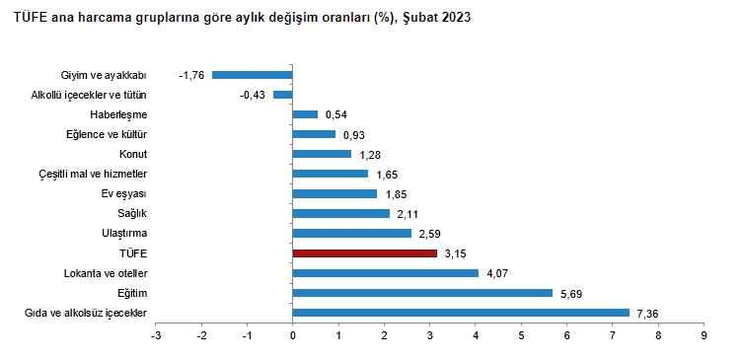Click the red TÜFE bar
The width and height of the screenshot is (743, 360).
coord(365,253)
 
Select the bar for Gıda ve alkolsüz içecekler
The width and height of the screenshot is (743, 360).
coord(461,313)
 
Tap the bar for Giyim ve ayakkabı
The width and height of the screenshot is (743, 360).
coord(253,75)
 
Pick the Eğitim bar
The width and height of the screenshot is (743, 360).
coord(422,293)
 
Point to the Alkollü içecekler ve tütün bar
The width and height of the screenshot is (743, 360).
coord(283,95)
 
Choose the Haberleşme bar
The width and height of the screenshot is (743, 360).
coord(305,114)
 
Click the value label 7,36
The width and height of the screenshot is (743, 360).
coord(648,314)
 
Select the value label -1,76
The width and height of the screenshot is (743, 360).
coord(191,76)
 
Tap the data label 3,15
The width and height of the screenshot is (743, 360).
coord(456,254)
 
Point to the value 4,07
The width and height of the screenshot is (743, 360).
coord(497,274)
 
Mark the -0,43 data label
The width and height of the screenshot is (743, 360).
coord(253,96)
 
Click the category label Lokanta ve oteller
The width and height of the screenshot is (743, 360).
coord(106,273)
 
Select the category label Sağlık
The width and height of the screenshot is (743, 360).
coord(132,214)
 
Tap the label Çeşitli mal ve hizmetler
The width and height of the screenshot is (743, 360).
coord(93,175)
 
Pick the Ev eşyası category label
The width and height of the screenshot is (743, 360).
coord(124,194)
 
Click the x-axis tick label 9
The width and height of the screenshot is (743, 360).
coord(704,336)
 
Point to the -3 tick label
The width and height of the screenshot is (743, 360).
coord(156,336)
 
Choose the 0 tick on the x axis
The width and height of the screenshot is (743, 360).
coord(293,336)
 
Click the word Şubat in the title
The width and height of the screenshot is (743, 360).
coord(420,18)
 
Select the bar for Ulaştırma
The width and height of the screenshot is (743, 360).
coord(352,233)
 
